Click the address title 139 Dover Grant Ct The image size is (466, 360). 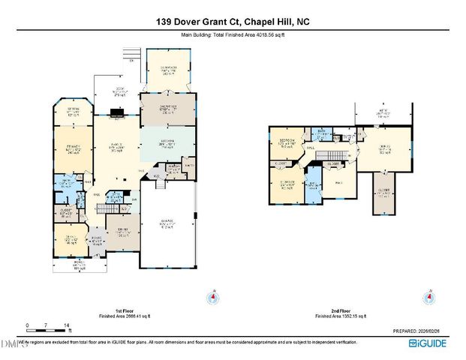pyautogui.click(x=233, y=22)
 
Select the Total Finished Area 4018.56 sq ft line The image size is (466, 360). pyautogui.click(x=233, y=35)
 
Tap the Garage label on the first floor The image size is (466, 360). pyautogui.click(x=169, y=223)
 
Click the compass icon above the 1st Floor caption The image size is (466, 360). pyautogui.click(x=214, y=298)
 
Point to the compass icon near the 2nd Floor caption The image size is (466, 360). pyautogui.click(x=429, y=298)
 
